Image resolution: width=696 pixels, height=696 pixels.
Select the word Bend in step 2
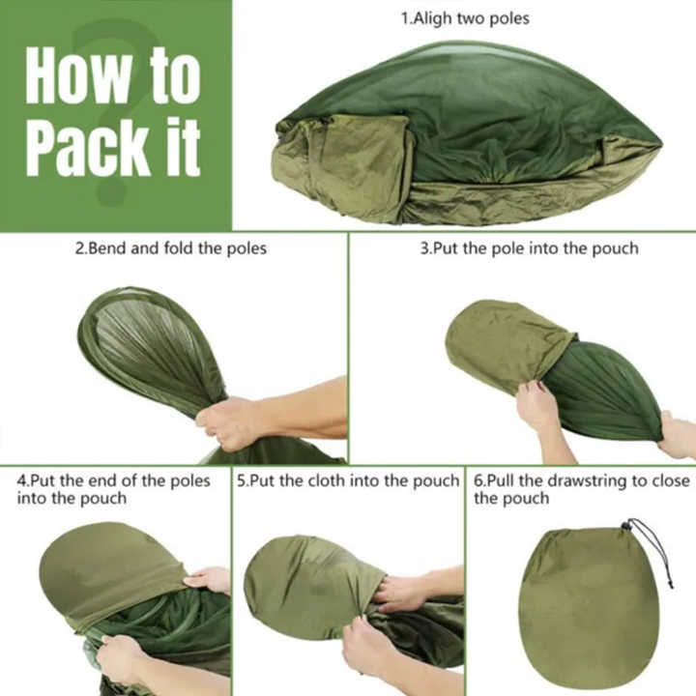[106, 248]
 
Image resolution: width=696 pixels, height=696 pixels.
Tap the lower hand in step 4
[122, 658]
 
